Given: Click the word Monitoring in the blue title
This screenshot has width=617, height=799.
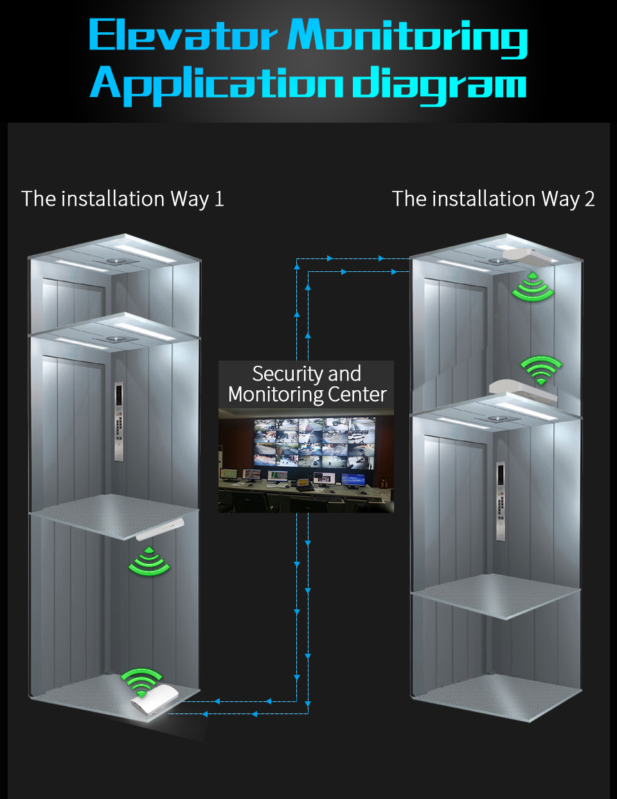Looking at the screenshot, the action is click(x=407, y=37).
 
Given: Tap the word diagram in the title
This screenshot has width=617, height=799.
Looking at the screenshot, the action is click(x=440, y=86).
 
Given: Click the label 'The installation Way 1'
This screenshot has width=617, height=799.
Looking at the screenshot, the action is click(x=122, y=199).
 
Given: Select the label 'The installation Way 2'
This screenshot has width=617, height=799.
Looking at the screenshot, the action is click(x=493, y=199).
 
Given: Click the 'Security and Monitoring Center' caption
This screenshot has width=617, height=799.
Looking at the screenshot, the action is click(x=307, y=384).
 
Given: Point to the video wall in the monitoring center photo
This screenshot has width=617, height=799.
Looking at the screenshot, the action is click(x=315, y=442).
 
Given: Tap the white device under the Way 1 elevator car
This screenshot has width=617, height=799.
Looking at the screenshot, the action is click(x=160, y=529).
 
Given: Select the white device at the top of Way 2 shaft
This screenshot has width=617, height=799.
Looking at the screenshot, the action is click(x=526, y=256).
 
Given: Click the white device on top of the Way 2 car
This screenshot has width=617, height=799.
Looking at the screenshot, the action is click(x=523, y=390).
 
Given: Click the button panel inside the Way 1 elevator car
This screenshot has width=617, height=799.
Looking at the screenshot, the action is click(x=118, y=422).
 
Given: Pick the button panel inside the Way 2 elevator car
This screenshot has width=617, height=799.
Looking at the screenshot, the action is click(x=501, y=501).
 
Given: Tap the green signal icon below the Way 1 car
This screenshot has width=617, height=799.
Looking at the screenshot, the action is click(x=149, y=561).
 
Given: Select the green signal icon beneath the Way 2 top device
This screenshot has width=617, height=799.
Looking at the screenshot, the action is click(x=532, y=287).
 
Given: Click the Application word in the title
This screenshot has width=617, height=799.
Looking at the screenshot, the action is click(x=217, y=86).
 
